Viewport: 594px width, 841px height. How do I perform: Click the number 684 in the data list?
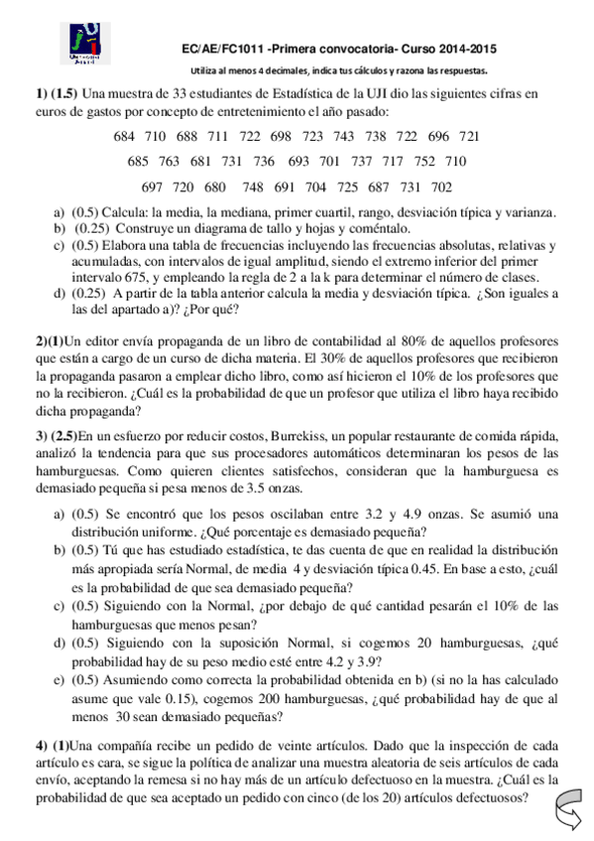tap(126, 136)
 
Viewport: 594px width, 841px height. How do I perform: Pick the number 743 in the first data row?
tap(343, 136)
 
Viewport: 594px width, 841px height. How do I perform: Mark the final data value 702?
tap(440, 186)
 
